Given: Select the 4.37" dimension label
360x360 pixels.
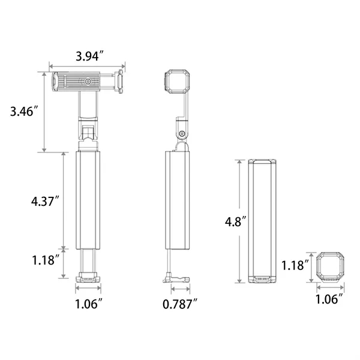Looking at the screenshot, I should (x=44, y=202).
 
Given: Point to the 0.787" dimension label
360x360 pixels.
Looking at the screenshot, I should (x=181, y=305).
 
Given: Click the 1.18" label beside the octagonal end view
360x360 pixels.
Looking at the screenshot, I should (x=295, y=264).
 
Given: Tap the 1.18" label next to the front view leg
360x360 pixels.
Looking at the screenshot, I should (x=44, y=261).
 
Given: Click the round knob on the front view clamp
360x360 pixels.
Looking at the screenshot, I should (x=88, y=81).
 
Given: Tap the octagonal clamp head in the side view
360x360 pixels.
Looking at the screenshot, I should (x=178, y=82).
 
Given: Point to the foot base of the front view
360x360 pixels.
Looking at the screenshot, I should (x=88, y=278).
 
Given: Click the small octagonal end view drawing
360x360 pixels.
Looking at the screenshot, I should (x=328, y=266).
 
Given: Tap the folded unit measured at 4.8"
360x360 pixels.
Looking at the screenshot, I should (x=263, y=221).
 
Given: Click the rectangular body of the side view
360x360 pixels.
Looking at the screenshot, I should (x=178, y=200).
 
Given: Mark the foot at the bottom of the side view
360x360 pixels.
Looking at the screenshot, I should (x=176, y=278).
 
